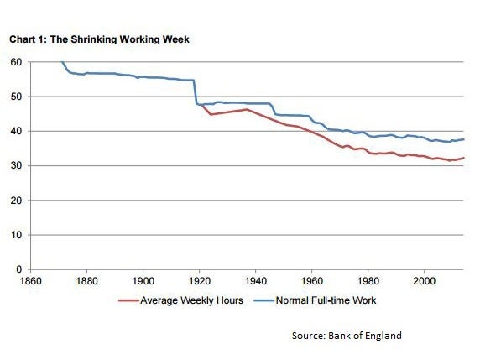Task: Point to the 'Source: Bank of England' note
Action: tap(347, 336)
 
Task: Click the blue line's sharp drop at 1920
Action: tap(195, 92)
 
